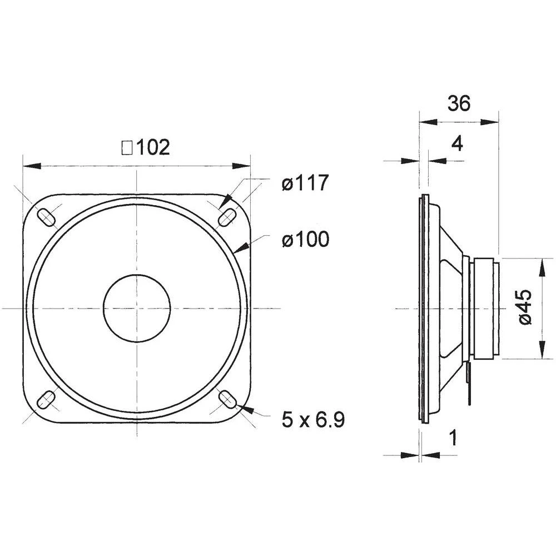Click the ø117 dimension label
[x=305, y=183]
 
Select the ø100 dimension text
[x=305, y=240]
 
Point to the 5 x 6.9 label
[x=313, y=420]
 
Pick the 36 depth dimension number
[x=458, y=103]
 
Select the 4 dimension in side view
[x=456, y=144]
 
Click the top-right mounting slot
[x=226, y=216]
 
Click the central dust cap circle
[x=137, y=307]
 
